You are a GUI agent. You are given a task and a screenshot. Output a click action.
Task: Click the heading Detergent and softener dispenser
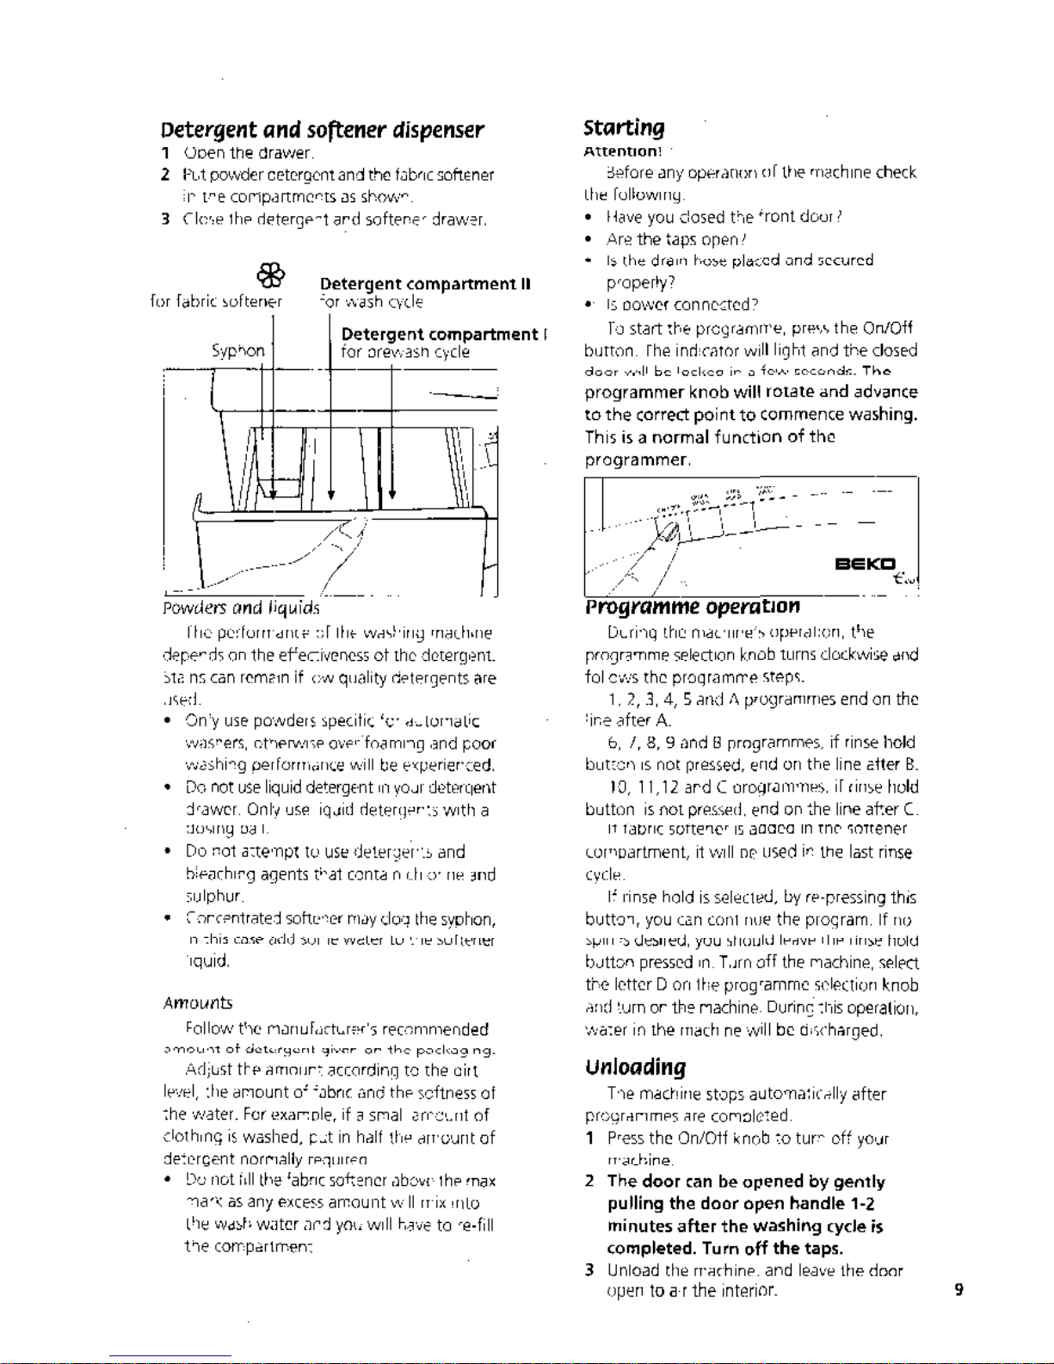[323, 131]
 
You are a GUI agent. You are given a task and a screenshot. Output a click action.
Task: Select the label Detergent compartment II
[425, 285]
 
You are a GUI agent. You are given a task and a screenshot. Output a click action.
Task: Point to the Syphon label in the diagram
[238, 351]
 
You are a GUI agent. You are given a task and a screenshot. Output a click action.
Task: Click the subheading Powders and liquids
[240, 609]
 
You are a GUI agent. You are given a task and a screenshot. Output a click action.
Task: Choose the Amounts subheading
[196, 1003]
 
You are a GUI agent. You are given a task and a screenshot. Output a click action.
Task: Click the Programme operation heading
[692, 606]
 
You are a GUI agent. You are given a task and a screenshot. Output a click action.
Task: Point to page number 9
[958, 1290]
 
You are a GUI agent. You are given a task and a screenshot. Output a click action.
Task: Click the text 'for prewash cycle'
[405, 352]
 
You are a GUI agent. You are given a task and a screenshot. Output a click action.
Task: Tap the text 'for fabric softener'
[215, 302]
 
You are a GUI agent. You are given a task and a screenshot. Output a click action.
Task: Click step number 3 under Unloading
[589, 1270]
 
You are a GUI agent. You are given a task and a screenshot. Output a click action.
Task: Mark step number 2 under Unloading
[589, 1182]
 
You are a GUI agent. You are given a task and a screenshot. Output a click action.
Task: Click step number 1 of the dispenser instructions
[164, 154]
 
